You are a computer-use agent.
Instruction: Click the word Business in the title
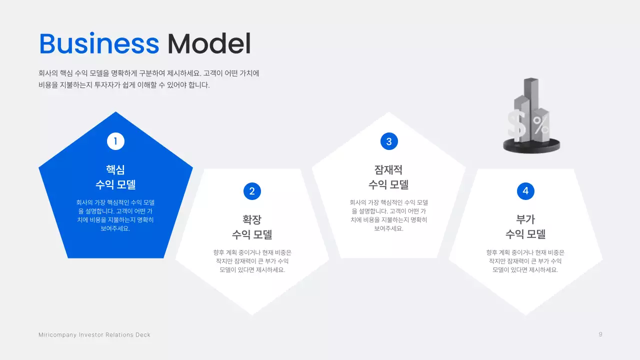pos(99,44)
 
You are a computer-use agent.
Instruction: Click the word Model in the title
pos(209,44)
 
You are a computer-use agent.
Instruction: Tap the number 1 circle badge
pos(115,141)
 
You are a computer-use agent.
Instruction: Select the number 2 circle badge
pos(252,191)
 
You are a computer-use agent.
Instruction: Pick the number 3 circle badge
pos(388,141)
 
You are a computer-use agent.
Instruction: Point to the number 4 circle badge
pos(525,191)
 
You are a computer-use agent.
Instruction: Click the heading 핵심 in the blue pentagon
pos(115,169)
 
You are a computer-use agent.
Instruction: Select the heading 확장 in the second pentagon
pos(252,219)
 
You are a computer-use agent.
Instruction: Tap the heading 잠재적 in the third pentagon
pos(388,169)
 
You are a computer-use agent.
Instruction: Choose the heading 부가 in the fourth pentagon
pos(525,219)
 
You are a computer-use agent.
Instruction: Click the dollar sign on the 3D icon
pos(516,126)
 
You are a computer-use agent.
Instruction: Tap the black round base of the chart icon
pos(531,146)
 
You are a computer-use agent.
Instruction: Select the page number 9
pos(600,334)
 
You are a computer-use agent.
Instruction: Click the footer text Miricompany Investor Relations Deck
pos(94,334)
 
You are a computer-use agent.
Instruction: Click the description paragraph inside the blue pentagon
pos(115,215)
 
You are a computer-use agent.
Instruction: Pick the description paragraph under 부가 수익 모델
pos(525,261)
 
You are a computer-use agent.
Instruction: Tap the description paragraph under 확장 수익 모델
pos(252,261)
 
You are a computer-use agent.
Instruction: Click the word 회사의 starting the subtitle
pos(48,73)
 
